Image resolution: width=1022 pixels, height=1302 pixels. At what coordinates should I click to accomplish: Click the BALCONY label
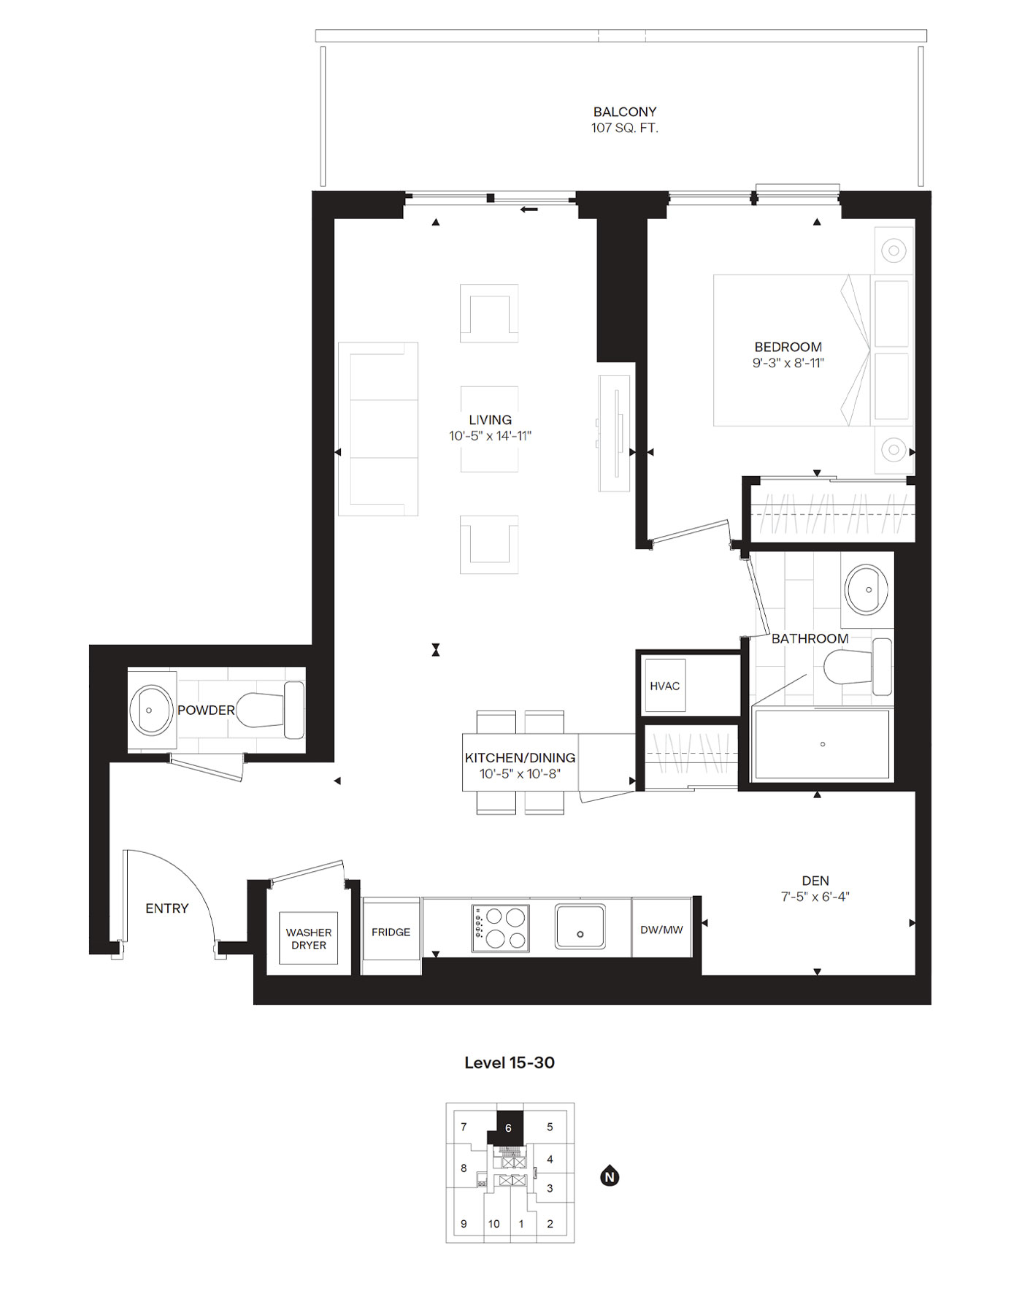coord(624,112)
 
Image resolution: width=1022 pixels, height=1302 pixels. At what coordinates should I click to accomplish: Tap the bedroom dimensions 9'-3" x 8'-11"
coord(788,363)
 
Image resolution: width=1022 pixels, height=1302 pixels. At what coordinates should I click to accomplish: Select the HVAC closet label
coord(664,686)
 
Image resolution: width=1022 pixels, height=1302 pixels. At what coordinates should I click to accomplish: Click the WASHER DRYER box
coord(309,938)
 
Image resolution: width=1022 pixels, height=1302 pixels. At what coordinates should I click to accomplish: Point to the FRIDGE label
coord(391,932)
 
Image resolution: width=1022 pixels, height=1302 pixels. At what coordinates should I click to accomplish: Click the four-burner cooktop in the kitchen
coord(501,928)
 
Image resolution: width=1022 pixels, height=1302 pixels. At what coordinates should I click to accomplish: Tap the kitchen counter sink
coord(580,927)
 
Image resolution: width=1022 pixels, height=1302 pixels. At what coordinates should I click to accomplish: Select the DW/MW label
coord(661,930)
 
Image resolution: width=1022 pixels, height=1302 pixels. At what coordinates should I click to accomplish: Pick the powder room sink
coord(151,710)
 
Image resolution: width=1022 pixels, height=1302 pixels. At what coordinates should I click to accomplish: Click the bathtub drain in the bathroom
coord(823,744)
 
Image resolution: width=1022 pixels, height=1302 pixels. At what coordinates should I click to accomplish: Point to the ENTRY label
coord(166,908)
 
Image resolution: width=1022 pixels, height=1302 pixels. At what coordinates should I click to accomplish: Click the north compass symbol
coord(610,1177)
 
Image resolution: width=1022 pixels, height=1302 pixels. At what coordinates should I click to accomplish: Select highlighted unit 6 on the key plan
coord(509,1127)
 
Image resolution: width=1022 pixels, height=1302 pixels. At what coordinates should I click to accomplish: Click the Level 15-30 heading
coord(510,1062)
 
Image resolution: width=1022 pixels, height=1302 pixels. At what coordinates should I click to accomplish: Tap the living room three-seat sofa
coord(377,429)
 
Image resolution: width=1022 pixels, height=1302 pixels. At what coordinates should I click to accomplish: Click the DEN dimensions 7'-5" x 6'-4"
coord(815,897)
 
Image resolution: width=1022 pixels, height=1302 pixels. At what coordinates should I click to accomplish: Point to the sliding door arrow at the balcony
coord(529,210)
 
